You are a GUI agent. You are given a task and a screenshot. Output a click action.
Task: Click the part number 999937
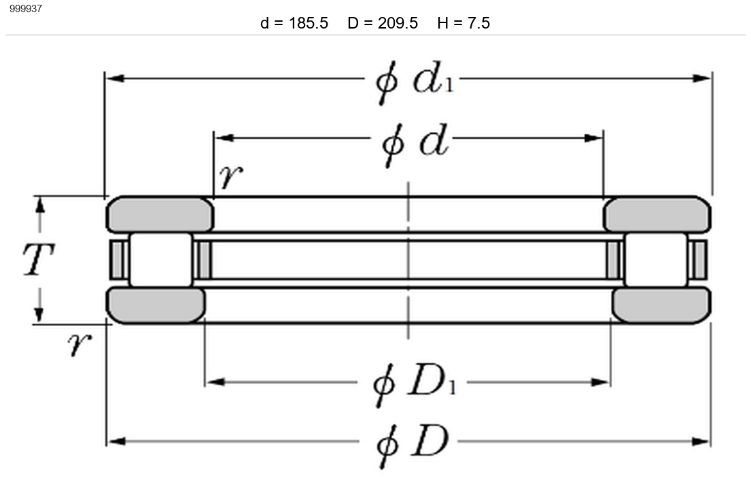point(26,9)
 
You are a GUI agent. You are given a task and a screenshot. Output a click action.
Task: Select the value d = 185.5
point(294,23)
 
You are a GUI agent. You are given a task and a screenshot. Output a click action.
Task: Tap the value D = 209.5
point(383,23)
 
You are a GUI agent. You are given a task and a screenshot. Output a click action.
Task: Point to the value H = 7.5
point(464,23)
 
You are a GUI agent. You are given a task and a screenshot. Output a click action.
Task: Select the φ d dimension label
point(415,143)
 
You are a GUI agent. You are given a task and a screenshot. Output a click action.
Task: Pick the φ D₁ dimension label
point(415,385)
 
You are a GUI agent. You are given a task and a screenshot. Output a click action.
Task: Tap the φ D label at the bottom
point(413,445)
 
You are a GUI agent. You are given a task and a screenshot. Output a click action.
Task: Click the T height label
point(39,259)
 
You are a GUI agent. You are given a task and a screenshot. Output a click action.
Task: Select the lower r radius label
point(80,344)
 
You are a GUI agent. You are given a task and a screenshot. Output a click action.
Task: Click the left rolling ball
point(161,260)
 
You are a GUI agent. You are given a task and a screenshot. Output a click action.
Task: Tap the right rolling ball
point(656,260)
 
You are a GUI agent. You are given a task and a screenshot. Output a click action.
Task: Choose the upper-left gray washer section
point(160,215)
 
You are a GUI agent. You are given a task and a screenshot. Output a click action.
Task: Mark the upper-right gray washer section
point(657,215)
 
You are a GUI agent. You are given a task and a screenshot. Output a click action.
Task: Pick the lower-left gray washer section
point(156,305)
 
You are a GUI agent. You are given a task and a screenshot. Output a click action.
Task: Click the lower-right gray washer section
point(661,305)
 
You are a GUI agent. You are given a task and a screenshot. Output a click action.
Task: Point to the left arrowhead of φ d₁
point(116,78)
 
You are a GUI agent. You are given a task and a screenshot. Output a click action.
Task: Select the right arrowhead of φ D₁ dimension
point(600,382)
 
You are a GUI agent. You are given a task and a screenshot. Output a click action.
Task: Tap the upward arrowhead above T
point(40,205)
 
